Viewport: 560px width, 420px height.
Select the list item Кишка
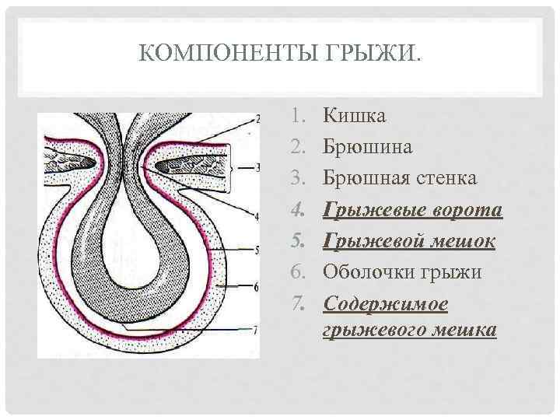coord(355,117)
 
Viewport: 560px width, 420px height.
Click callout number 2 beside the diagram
coord(257,120)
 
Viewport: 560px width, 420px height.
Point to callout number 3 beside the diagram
coord(257,167)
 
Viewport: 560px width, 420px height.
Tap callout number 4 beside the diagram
coord(257,215)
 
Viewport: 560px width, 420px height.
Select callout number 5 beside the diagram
coord(257,250)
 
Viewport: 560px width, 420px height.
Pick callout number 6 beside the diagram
coord(257,287)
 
